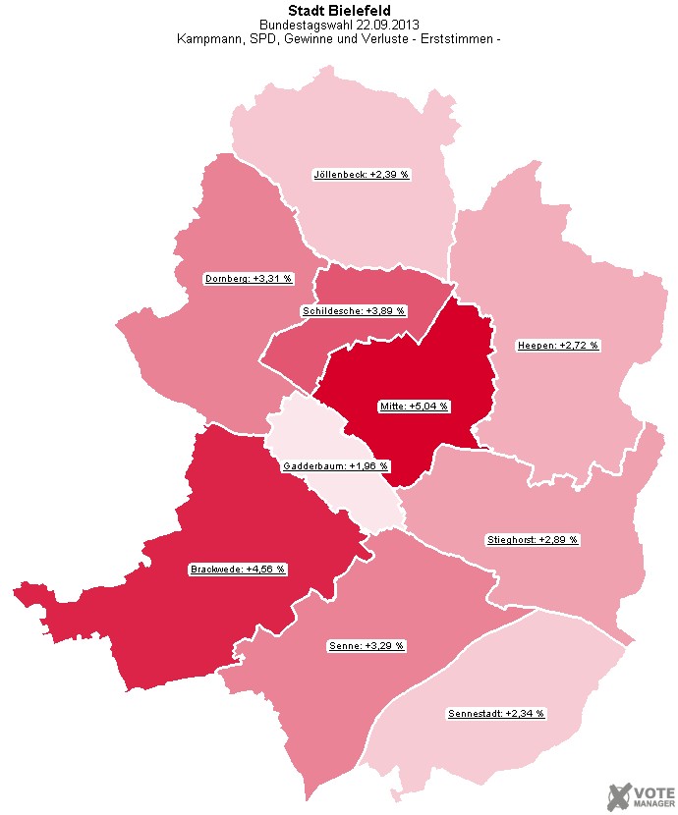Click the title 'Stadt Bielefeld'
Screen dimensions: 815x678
pyautogui.click(x=339, y=11)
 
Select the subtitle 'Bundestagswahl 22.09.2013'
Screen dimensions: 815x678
pyautogui.click(x=339, y=26)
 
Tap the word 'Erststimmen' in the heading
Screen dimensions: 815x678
pyautogui.click(x=460, y=40)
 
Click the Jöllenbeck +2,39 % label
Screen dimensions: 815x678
pyautogui.click(x=361, y=174)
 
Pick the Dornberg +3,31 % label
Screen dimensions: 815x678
pyautogui.click(x=249, y=278)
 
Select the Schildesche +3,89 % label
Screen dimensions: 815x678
pyautogui.click(x=353, y=310)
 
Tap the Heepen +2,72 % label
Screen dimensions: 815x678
pyautogui.click(x=557, y=346)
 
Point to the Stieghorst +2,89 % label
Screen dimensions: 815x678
pyautogui.click(x=533, y=540)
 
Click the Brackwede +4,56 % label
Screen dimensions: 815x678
pyautogui.click(x=237, y=570)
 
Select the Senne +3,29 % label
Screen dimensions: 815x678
pyautogui.click(x=365, y=646)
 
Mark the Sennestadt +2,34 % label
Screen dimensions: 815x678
pyautogui.click(x=495, y=713)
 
